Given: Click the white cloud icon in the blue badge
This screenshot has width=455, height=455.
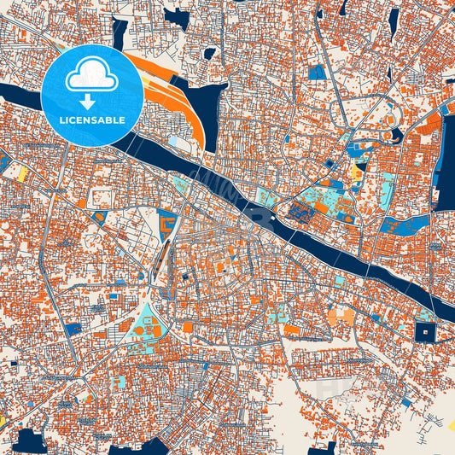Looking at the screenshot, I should pyautogui.click(x=91, y=74).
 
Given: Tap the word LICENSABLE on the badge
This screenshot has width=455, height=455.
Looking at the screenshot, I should pyautogui.click(x=91, y=120).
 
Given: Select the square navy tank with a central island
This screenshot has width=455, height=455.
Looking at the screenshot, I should pyautogui.click(x=424, y=331).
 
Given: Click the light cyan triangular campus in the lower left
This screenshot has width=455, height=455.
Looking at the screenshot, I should pyautogui.click(x=146, y=321).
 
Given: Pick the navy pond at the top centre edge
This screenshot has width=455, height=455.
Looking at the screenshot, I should pyautogui.click(x=178, y=17).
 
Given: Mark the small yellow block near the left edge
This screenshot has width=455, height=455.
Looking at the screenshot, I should pyautogui.click(x=22, y=172).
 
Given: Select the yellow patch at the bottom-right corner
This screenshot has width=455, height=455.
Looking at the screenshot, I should pyautogui.click(x=450, y=423).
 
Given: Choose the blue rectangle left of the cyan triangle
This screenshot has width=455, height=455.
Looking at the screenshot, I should pyautogui.click(x=73, y=328).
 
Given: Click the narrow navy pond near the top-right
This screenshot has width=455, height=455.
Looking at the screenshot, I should pyautogui.click(x=394, y=20).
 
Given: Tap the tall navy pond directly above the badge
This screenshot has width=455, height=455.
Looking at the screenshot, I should pyautogui.click(x=119, y=32).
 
